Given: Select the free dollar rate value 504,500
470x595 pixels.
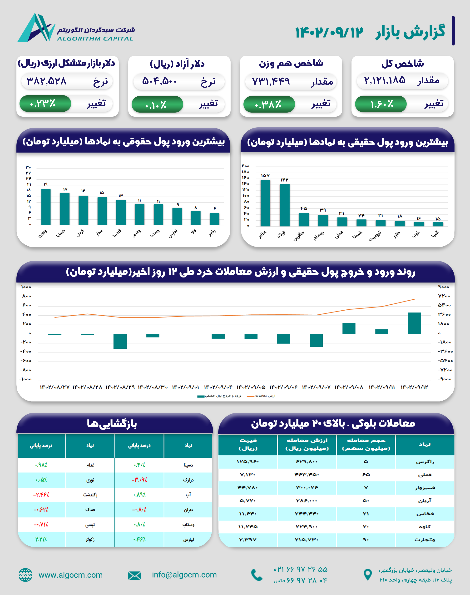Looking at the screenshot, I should pos(160,81).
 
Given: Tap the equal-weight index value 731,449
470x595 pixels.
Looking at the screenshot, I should pos(271,81).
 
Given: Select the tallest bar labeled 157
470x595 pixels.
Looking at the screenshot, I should pos(265,203).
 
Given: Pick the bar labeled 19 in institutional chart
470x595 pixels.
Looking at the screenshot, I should pos(46,207).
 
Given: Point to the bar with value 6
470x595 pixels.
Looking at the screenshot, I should pos(214,219).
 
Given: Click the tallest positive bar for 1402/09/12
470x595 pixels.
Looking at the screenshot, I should pos(414,323).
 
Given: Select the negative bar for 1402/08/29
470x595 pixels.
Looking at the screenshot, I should pos(120,341).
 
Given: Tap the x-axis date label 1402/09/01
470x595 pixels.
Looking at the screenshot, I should pos(185,387).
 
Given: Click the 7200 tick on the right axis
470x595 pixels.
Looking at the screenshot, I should pos(444,296).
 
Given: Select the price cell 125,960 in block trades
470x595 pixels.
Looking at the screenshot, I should pos(248,461).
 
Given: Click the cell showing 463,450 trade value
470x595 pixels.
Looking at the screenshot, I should pos(307,475).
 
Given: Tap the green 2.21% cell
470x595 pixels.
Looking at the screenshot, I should pos(41,539).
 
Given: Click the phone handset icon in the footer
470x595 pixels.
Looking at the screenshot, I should pos(257,575).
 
